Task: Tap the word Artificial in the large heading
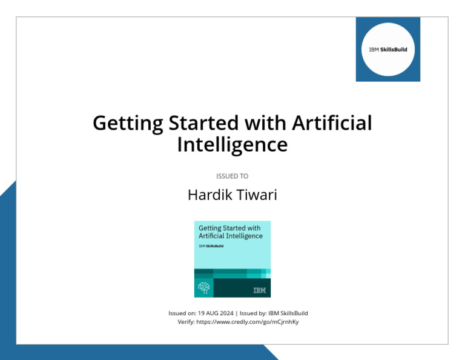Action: click(x=332, y=124)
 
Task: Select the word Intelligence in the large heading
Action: click(x=232, y=145)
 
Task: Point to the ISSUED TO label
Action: click(x=232, y=176)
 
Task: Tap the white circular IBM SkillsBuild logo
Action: click(x=387, y=49)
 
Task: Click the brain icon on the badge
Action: click(x=204, y=288)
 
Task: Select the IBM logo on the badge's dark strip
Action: click(x=259, y=291)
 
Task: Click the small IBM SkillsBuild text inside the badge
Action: click(x=210, y=247)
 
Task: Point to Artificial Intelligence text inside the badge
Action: click(x=231, y=236)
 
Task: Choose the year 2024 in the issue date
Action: click(x=225, y=313)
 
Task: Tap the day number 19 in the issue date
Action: click(x=201, y=313)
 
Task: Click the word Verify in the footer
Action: click(x=185, y=322)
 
